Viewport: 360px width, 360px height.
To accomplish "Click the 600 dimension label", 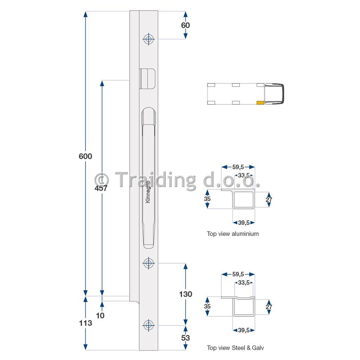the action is tap(85, 156).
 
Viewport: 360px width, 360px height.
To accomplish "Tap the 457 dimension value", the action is tap(101, 188).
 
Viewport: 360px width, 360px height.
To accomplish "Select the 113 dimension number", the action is tap(85, 323).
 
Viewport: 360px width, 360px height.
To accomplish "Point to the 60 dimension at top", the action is tap(186, 25).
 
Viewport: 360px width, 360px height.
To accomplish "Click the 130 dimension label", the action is tap(186, 294).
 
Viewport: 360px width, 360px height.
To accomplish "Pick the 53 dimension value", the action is tap(186, 338).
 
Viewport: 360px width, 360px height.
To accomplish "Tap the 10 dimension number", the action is tap(100, 316).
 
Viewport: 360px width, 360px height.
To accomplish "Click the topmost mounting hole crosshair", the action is tap(149, 39).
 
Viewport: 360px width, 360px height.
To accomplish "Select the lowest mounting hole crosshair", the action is tap(149, 325).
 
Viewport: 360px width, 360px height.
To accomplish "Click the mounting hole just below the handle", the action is tap(149, 263).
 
